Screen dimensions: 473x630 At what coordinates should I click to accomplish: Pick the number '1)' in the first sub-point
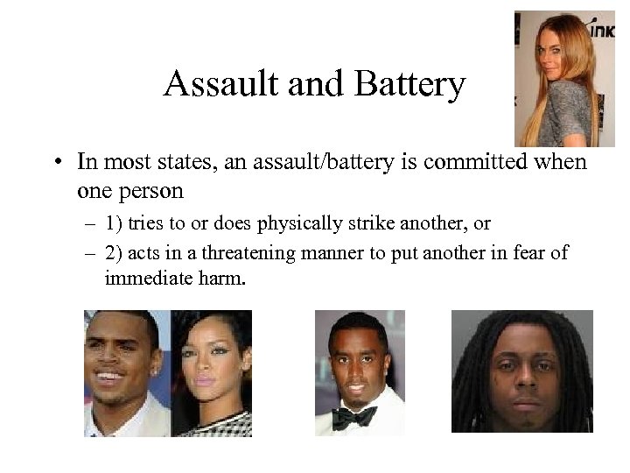[x=114, y=224]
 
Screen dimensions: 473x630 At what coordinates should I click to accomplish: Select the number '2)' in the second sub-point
[x=114, y=255]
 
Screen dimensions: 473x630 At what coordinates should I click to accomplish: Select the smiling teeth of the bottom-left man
[x=109, y=378]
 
